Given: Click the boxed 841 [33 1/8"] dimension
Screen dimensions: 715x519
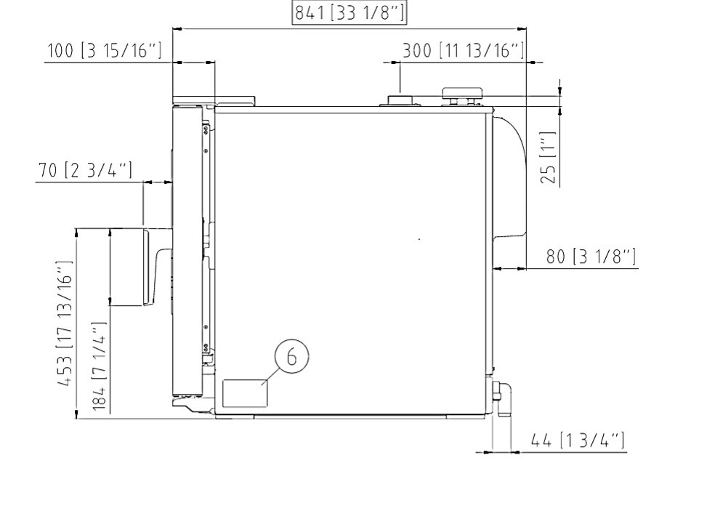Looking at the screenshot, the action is tap(349, 13).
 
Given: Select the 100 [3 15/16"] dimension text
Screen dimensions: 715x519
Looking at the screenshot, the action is tap(105, 50).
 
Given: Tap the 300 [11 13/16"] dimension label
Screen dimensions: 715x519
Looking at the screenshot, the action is tap(464, 50).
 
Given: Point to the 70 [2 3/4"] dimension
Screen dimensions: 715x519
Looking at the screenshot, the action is tap(85, 170).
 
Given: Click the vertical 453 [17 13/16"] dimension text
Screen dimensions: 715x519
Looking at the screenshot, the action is tap(64, 323).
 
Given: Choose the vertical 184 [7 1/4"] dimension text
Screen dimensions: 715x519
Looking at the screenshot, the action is tap(99, 366).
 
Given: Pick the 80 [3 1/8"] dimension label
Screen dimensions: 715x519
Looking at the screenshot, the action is tap(591, 257).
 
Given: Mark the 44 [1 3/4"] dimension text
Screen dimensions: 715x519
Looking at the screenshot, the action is tap(578, 440).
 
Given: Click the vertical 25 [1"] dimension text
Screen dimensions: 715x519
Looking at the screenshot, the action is tap(548, 158).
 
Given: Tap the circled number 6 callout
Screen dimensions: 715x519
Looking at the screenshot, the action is tap(292, 355).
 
